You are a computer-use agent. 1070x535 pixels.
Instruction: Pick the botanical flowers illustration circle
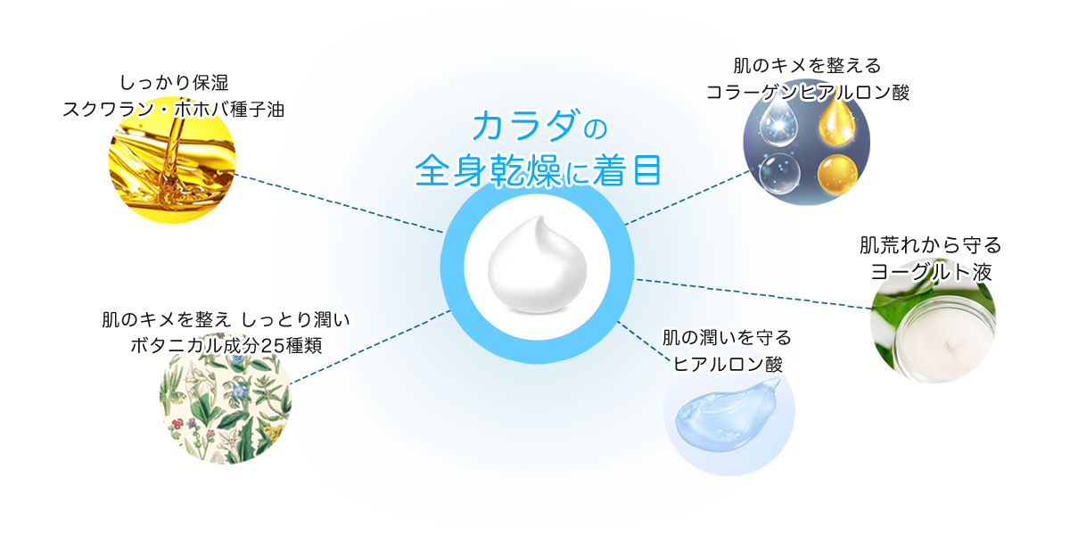coord(226,399)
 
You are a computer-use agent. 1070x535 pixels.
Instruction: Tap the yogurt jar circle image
coord(933,323)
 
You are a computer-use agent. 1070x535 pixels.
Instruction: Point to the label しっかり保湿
coord(173,83)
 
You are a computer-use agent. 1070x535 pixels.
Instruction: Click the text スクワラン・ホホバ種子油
coord(173,110)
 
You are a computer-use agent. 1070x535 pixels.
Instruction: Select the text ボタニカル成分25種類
coord(226,345)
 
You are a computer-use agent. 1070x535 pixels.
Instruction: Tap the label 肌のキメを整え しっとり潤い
coord(226,319)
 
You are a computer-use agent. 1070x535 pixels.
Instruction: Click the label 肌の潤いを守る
coord(727,338)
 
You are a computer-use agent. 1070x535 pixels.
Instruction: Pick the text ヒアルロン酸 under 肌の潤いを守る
coord(727,364)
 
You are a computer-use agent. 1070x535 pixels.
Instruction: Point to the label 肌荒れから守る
coord(930,244)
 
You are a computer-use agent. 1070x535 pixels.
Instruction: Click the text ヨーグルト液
coord(931,271)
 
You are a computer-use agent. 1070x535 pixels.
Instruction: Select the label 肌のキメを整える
coord(807,65)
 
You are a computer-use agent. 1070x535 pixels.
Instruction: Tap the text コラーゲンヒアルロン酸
coord(807,92)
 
